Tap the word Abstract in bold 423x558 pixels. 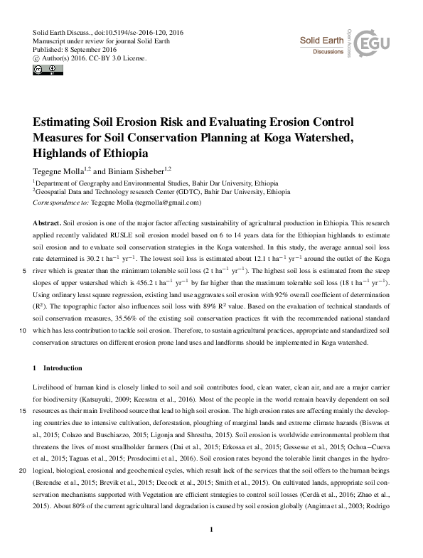pos(47,223)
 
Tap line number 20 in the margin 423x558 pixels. pos(23,471)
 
